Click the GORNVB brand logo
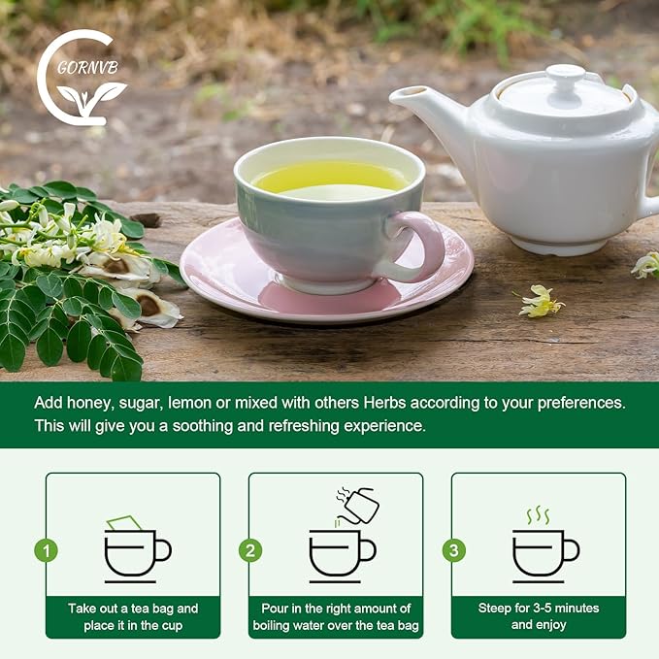pos(82,78)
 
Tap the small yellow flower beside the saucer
pos(540,303)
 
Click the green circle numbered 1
pos(46,550)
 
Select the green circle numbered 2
pos(250,550)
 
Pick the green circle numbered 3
pos(453,550)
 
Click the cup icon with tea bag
pos(135,548)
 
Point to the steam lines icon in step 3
pos(538,514)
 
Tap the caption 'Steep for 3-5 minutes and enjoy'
pos(538,617)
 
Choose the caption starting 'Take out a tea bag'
pos(133,617)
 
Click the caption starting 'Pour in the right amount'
pos(336,617)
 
